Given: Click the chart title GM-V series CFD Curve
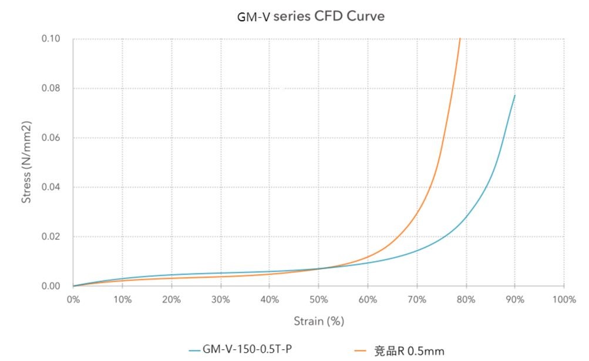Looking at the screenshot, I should [311, 16].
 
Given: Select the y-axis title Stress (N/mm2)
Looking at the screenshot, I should [26, 162].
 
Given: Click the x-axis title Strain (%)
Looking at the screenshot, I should [318, 321].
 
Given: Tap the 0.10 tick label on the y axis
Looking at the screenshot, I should [51, 39].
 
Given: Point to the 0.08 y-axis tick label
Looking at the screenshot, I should [51, 88].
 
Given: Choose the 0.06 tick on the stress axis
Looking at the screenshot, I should [51, 138].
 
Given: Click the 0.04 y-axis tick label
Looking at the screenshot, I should [51, 187].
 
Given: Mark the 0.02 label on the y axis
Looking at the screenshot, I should [51, 236].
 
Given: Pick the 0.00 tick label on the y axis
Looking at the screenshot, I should [51, 286].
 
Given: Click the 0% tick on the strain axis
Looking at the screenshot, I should [73, 299].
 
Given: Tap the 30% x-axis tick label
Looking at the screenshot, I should [220, 299].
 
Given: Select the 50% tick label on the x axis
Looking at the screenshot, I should [318, 299].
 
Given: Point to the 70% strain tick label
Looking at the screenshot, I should [416, 299].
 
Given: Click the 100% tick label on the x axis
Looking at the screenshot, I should [563, 299].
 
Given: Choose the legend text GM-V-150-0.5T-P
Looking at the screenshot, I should [247, 350].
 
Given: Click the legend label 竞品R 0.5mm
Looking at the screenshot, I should [409, 351].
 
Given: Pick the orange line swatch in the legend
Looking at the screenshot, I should [361, 351].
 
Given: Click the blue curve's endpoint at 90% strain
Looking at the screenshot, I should [515, 95].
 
